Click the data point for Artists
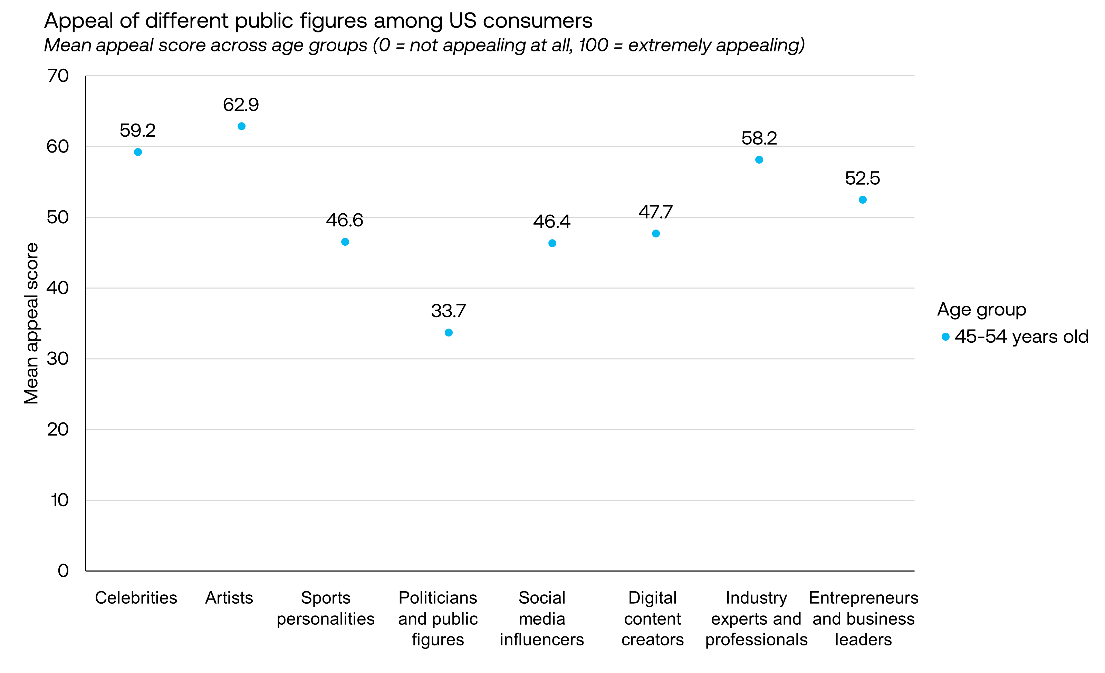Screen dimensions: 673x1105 (x=241, y=126)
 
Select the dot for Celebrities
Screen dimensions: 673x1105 (x=138, y=152)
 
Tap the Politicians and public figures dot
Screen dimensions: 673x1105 (x=449, y=332)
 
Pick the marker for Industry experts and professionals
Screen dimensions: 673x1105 (x=759, y=160)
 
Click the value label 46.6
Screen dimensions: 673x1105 (x=344, y=220)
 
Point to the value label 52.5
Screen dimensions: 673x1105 (x=862, y=178)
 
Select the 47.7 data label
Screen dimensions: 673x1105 (x=655, y=212)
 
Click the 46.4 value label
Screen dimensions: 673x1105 (x=551, y=221)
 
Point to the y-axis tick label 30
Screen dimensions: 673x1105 (x=58, y=359)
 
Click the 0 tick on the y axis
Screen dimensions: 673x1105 (x=63, y=570)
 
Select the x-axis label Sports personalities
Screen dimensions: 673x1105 (x=326, y=608)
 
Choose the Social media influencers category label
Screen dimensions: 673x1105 (x=542, y=618)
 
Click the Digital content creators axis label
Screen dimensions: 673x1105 (x=653, y=618)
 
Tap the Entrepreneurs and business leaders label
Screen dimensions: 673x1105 (x=863, y=618)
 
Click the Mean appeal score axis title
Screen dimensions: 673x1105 (x=31, y=323)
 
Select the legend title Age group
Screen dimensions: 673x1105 (x=981, y=310)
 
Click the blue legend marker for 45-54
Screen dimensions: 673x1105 (x=945, y=337)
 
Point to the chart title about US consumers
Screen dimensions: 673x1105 (x=318, y=21)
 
